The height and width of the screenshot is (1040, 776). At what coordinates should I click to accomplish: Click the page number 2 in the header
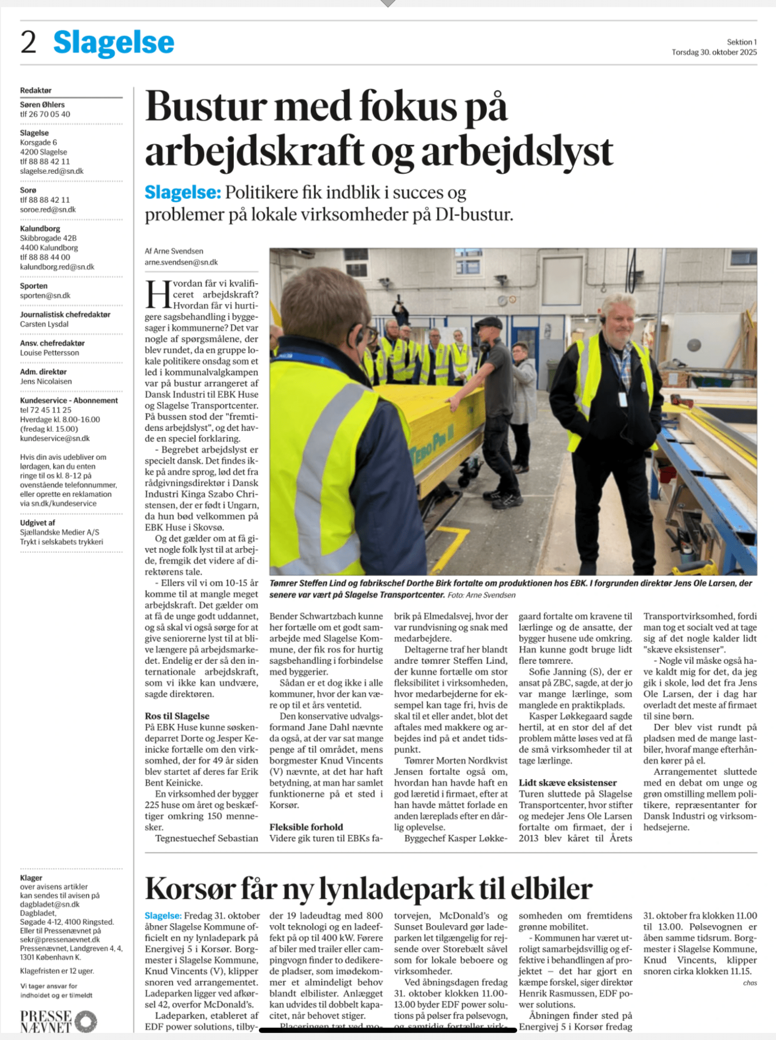(28, 42)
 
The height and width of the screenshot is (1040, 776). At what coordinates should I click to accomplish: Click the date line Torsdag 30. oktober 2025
(714, 52)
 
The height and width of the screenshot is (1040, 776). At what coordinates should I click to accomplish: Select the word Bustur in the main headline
(206, 107)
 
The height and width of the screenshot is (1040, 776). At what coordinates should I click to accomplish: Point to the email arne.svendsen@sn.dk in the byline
(181, 262)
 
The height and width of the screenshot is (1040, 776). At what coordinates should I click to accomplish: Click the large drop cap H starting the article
(158, 295)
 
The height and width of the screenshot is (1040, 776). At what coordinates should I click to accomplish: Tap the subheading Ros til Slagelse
(177, 716)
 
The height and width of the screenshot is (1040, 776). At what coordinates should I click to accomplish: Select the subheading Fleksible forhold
(306, 827)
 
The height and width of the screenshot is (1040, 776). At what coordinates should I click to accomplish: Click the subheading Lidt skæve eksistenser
(567, 783)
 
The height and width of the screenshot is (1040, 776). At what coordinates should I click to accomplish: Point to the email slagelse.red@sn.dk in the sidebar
(51, 171)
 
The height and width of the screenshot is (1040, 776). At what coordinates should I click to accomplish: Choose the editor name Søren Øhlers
(42, 104)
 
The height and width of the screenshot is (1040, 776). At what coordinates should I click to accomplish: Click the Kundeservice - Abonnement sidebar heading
(69, 401)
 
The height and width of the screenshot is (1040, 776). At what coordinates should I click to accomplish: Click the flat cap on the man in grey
(488, 322)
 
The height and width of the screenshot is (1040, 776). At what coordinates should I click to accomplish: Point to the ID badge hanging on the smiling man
(623, 399)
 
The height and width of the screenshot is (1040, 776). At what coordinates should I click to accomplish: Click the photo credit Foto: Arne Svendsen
(481, 595)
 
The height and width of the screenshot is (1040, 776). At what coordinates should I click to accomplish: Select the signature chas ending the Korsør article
(750, 983)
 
